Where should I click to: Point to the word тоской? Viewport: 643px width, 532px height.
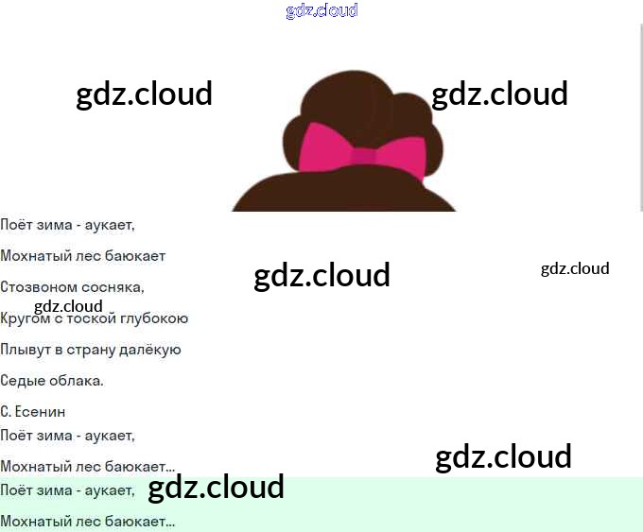tap(93, 318)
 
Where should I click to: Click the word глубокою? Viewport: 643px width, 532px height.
tap(154, 318)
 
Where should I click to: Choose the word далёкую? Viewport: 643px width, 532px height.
tap(151, 350)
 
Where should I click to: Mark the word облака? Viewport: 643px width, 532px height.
tap(76, 381)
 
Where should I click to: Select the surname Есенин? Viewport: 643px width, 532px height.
tap(41, 412)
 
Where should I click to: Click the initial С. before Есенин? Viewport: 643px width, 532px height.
tap(6, 412)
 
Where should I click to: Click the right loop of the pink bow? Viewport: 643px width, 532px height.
tap(401, 155)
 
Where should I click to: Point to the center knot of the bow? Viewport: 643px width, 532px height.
tap(363, 156)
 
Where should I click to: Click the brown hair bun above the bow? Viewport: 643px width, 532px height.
tap(345, 99)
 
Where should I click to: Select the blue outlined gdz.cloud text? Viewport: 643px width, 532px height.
tap(321, 10)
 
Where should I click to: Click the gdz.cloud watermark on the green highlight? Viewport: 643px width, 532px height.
tap(217, 488)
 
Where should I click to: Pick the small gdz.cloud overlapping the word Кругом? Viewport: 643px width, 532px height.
tap(68, 306)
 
